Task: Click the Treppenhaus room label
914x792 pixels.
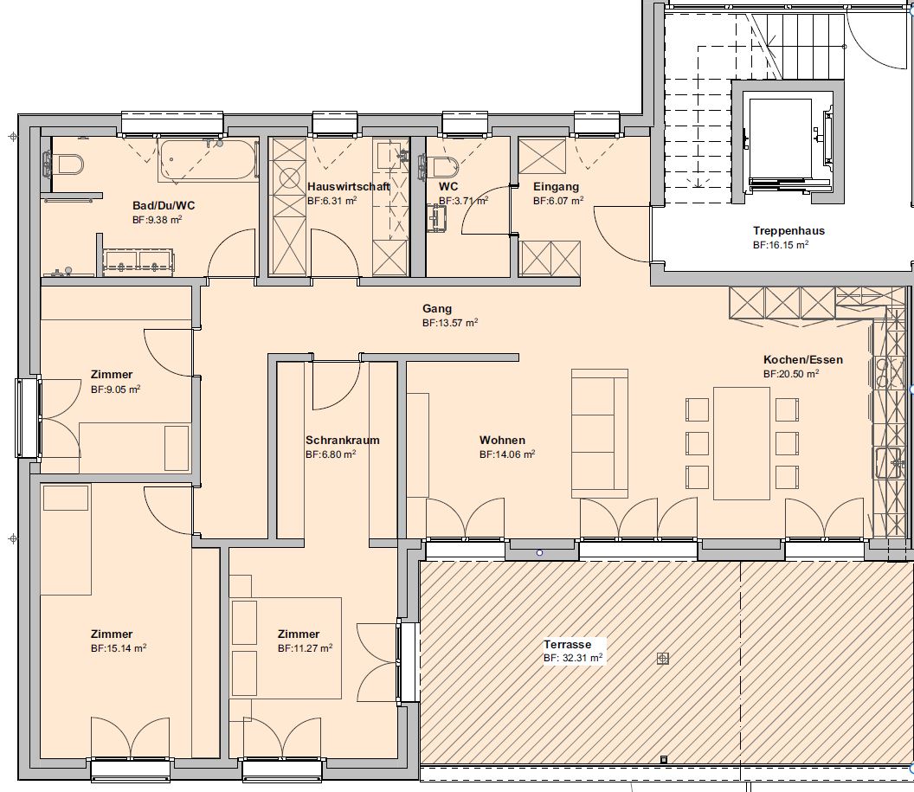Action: coord(788,231)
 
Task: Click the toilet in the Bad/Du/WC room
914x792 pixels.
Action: coord(63,163)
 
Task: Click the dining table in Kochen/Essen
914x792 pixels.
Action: coord(742,443)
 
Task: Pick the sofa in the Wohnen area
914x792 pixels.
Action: coord(599,433)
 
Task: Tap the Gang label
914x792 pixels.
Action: coord(437,309)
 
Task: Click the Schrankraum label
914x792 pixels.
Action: coord(342,440)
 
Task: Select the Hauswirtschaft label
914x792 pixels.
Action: coord(348,186)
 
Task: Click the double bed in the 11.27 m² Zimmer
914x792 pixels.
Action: coord(286,647)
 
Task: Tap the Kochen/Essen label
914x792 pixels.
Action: coord(803,359)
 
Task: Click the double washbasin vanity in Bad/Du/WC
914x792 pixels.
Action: coord(138,261)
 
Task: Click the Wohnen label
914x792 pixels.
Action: coord(503,440)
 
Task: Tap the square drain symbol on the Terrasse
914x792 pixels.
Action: coord(662,658)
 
